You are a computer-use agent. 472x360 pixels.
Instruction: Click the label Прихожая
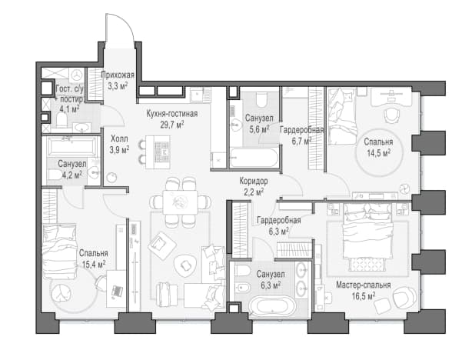pyautogui.click(x=118, y=75)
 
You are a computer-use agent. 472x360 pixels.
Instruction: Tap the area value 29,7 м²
pyautogui.click(x=172, y=125)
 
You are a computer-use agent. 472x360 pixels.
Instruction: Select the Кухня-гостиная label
pyautogui.click(x=172, y=114)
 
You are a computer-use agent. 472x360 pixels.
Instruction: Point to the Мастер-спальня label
pyautogui.click(x=364, y=285)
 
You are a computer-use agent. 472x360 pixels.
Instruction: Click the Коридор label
pyautogui.click(x=254, y=181)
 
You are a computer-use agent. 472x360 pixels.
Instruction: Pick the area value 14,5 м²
pyautogui.click(x=378, y=153)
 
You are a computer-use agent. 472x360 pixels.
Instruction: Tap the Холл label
pyautogui.click(x=119, y=139)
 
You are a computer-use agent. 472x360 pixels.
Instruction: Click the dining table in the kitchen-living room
pyautogui.click(x=181, y=202)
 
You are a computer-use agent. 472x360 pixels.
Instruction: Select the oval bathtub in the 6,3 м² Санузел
pyautogui.click(x=273, y=305)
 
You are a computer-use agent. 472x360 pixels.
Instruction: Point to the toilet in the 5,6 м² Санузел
pyautogui.click(x=261, y=100)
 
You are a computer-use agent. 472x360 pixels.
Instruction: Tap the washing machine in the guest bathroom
pyautogui.click(x=78, y=75)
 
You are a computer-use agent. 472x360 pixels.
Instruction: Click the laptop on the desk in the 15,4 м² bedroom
pyautogui.click(x=117, y=292)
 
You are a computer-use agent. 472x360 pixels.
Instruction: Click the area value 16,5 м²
pyautogui.click(x=364, y=296)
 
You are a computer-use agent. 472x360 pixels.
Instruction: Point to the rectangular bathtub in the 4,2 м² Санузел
pyautogui.click(x=72, y=147)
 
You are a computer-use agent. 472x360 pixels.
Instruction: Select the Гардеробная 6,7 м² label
pyautogui.click(x=301, y=135)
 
